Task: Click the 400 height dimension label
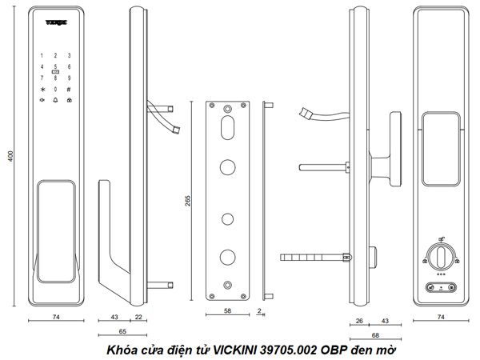tap(11, 154)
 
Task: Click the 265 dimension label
tap(188, 200)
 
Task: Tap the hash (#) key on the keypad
tap(69, 89)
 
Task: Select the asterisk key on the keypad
tap(42, 89)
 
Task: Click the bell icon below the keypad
tap(55, 101)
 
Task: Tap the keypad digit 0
tap(55, 89)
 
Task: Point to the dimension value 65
tap(121, 330)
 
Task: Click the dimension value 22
tap(139, 318)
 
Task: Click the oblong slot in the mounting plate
tap(228, 129)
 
